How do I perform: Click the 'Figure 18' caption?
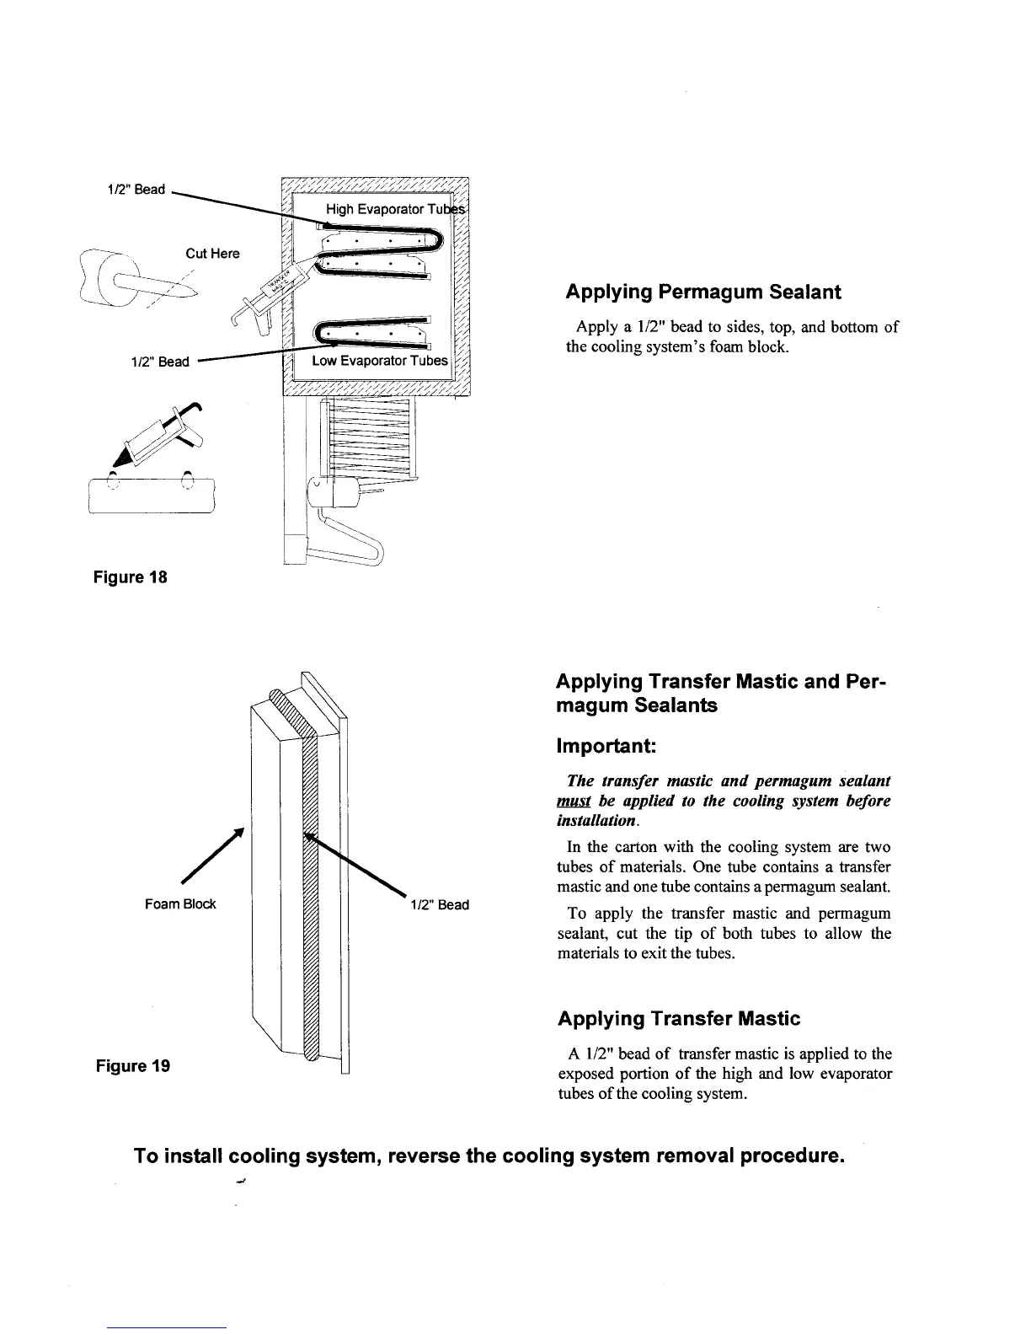tap(131, 578)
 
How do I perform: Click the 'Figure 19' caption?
tap(131, 1066)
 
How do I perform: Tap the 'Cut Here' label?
tap(212, 254)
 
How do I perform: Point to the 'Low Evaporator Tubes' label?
tap(380, 362)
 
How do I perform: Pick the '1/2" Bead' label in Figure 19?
tap(440, 905)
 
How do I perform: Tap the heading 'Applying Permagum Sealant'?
tap(703, 292)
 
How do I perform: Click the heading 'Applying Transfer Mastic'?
tap(679, 1019)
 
